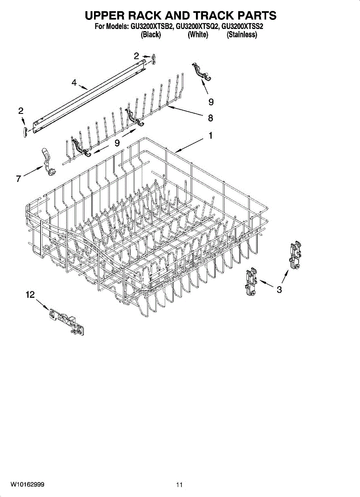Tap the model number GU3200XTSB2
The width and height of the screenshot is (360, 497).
[152, 27]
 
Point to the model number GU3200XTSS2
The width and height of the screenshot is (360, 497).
[243, 27]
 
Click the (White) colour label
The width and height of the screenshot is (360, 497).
[198, 35]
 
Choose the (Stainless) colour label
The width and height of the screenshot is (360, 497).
[242, 35]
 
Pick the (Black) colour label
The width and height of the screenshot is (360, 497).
[151, 35]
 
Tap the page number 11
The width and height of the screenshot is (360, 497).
[179, 485]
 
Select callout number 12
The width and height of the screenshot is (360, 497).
[30, 294]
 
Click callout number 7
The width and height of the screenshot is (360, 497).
[18, 179]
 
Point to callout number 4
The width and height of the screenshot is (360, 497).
[74, 83]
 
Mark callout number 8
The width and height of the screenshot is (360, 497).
[210, 118]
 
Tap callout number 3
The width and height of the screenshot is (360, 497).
[280, 290]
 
